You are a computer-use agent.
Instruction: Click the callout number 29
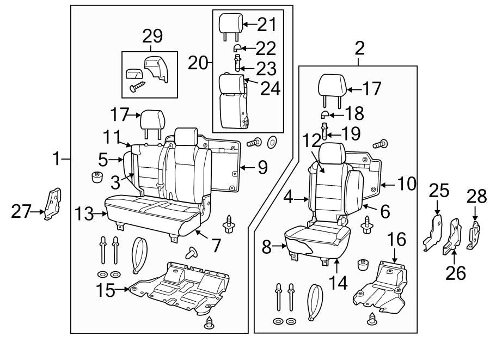click(152, 36)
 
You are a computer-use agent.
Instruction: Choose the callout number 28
click(476, 196)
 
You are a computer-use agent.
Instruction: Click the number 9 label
click(262, 167)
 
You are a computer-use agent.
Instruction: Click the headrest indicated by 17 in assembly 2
click(332, 86)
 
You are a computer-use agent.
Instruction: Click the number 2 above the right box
click(359, 50)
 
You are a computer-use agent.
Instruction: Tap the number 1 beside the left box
click(57, 159)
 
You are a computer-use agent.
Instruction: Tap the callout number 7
click(217, 246)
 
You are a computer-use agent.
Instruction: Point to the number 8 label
click(266, 247)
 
